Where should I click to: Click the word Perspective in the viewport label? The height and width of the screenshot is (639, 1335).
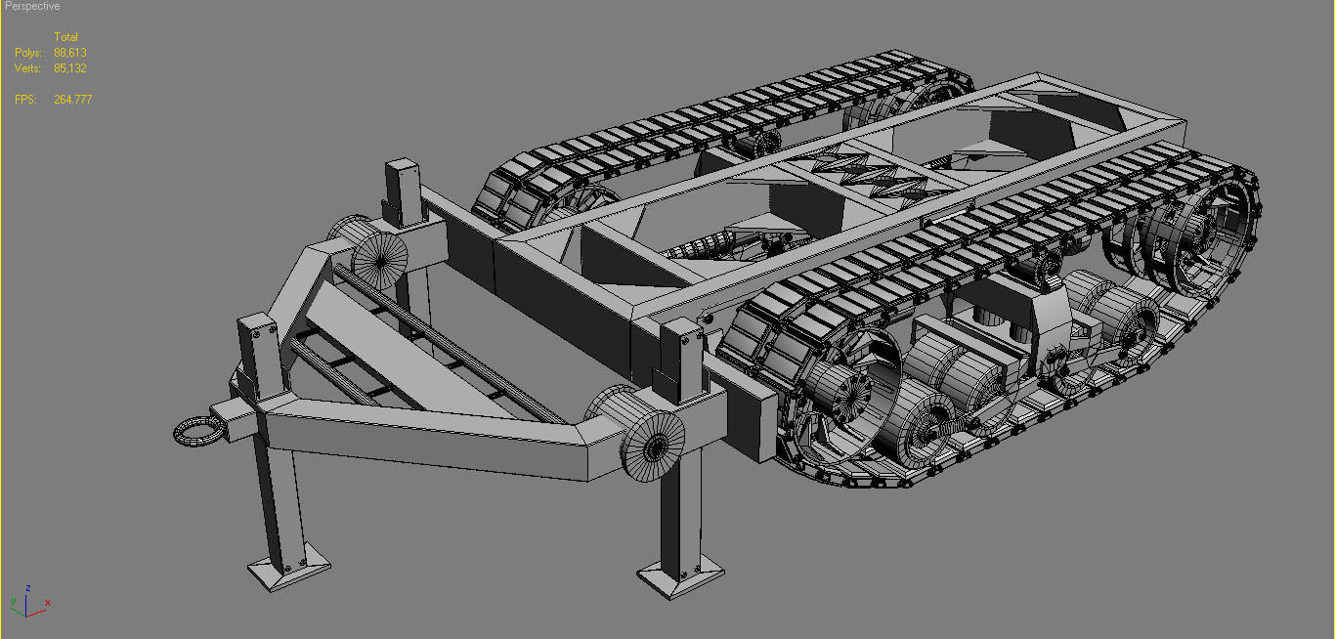[32, 6]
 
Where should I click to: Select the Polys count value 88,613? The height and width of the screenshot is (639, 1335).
[70, 53]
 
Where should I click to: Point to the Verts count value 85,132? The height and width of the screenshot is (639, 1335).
[70, 68]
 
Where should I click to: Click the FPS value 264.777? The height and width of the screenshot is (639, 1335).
[73, 100]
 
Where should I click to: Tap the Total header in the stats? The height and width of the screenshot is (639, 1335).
[65, 37]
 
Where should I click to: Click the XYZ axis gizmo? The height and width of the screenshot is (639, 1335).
[29, 603]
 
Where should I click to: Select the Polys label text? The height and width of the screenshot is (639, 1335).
[28, 53]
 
